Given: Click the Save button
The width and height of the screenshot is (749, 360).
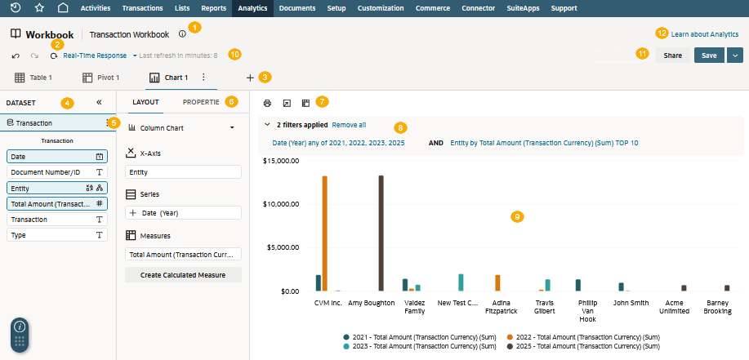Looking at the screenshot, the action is point(709,56).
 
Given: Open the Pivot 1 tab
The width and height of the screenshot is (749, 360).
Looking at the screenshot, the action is point(100,78).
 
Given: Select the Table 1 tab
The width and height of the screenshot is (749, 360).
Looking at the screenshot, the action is point(33,78).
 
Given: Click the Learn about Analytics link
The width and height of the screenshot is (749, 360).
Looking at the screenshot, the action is point(705,34).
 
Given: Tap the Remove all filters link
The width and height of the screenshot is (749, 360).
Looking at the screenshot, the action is point(350,125).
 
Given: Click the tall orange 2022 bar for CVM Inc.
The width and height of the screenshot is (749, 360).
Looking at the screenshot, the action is point(325,233).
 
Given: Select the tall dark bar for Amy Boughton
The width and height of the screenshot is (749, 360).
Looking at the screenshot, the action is point(381,233).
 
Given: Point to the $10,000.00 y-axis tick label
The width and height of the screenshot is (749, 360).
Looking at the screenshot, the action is point(281,204).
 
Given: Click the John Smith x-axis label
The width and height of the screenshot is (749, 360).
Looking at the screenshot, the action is point(631,303).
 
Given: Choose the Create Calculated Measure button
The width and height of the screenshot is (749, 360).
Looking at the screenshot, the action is point(183,275).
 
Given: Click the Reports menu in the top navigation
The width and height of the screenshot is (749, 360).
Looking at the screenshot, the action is point(213,8).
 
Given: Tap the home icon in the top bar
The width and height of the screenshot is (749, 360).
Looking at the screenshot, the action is point(63,7).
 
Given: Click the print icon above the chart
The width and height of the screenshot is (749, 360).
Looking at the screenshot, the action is point(268,103).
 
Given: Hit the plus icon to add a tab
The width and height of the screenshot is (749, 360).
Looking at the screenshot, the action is point(250,78).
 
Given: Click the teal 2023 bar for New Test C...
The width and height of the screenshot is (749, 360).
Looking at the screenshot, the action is point(461,282).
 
